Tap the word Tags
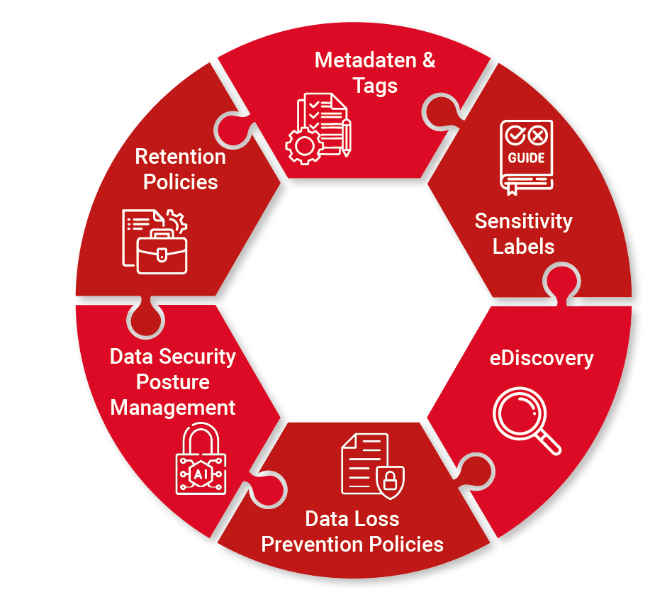[x=376, y=86]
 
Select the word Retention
[x=180, y=156]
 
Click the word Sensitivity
[x=523, y=221]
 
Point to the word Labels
[x=523, y=247]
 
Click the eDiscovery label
[x=541, y=358]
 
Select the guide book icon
[x=525, y=157]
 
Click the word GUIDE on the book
[x=526, y=158]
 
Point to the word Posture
[x=173, y=382]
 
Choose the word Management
[x=173, y=408]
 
